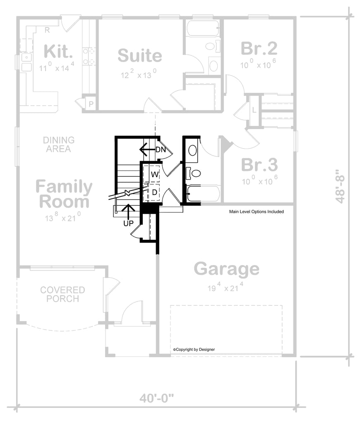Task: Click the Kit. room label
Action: click(58, 51)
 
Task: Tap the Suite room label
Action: click(139, 55)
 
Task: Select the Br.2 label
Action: click(259, 49)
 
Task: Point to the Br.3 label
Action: click(259, 165)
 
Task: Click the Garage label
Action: click(226, 269)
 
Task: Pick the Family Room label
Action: click(64, 194)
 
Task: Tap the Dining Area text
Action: click(58, 145)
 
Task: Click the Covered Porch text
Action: click(62, 294)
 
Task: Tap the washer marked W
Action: click(154, 174)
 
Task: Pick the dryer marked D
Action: click(154, 192)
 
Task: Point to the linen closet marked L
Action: click(254, 110)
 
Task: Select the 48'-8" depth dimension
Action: click(340, 186)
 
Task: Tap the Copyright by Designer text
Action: click(194, 349)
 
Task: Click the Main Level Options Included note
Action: click(256, 212)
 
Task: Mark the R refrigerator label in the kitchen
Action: click(48, 29)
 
